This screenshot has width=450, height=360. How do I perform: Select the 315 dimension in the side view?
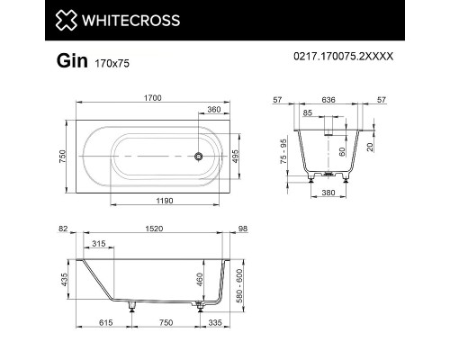click(99, 243)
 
